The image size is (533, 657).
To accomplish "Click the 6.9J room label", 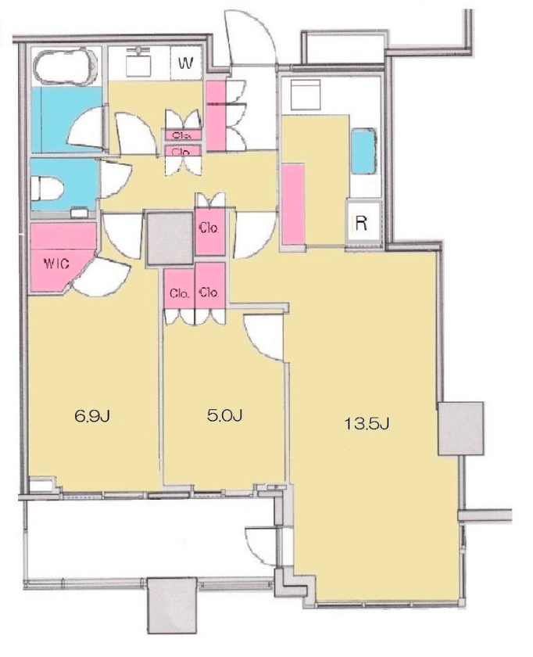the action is [x=92, y=416].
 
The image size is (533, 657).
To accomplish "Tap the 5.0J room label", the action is [x=225, y=415].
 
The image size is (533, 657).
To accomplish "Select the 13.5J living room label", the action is [x=367, y=424].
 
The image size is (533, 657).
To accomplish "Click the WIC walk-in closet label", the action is [x=57, y=264].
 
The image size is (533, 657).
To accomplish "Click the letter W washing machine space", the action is [x=186, y=63].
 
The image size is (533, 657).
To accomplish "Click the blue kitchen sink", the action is [x=364, y=151].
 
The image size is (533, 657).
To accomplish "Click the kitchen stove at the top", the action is [x=306, y=95].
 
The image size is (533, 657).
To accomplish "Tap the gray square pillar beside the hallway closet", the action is [x=170, y=238].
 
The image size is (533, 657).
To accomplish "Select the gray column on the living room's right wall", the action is [x=461, y=429].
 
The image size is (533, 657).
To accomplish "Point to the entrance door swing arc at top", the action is [x=251, y=38].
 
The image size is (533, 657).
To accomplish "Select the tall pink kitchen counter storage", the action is [x=293, y=203].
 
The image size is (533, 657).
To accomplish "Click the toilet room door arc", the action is [x=116, y=179].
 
